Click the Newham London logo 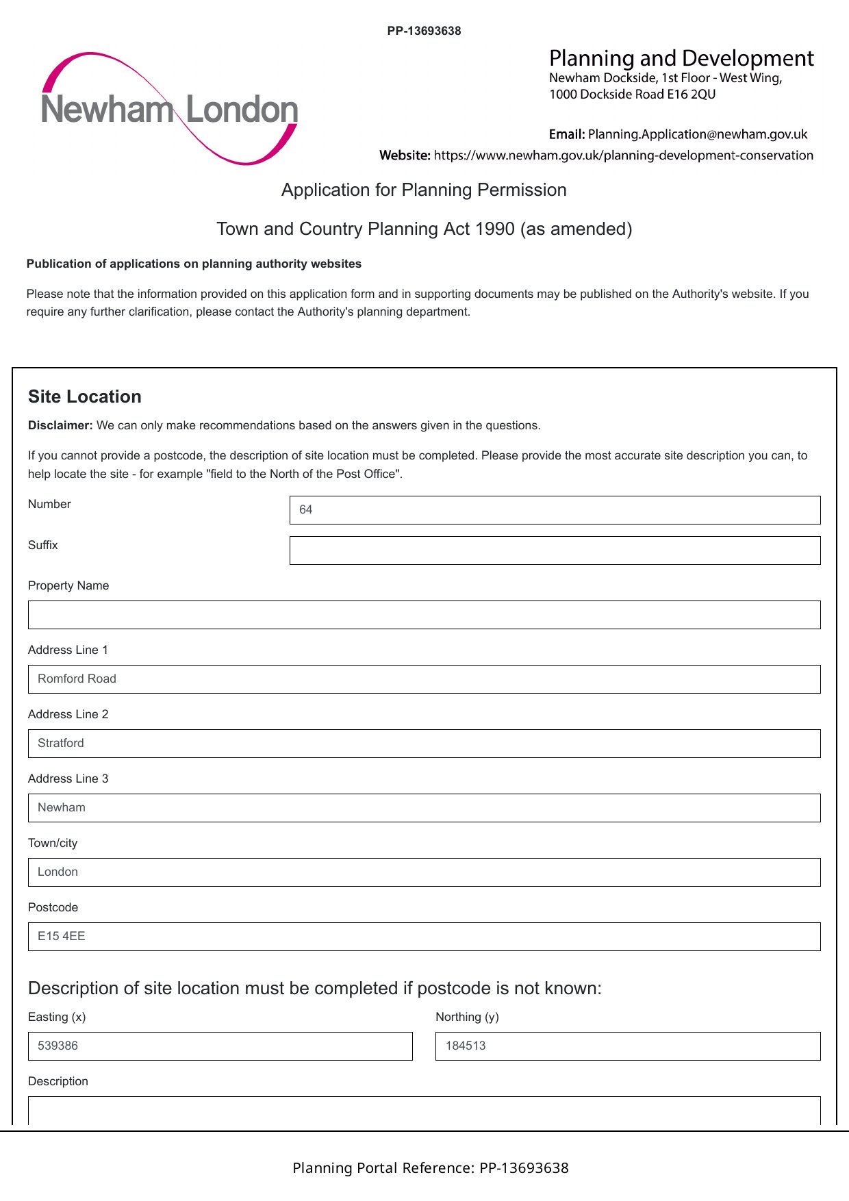(x=169, y=109)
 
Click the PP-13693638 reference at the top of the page (x=424, y=31)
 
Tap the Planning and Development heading (x=681, y=58)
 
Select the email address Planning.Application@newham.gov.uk (x=697, y=134)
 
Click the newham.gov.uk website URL (x=623, y=155)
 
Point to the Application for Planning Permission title (x=424, y=190)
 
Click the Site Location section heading (x=85, y=396)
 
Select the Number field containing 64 (x=555, y=510)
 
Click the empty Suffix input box (x=555, y=551)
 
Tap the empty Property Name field (x=424, y=615)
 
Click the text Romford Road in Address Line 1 (x=77, y=679)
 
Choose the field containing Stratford (x=424, y=743)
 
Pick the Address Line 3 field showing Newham (x=424, y=807)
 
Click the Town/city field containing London (x=424, y=872)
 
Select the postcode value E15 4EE (x=62, y=936)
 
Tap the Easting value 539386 (x=58, y=1046)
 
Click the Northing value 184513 (x=466, y=1046)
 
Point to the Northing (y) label (x=467, y=1017)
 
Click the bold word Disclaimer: (x=60, y=425)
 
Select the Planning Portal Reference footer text (x=430, y=1168)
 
